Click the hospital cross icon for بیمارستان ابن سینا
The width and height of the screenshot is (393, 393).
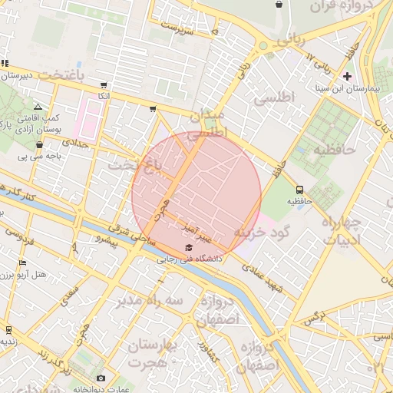pyautogui.click(x=348, y=76)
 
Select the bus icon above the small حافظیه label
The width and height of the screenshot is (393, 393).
pyautogui.click(x=299, y=190)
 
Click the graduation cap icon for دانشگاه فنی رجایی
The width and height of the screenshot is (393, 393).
pyautogui.click(x=189, y=247)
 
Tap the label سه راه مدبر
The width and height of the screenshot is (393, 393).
pyautogui.click(x=150, y=301)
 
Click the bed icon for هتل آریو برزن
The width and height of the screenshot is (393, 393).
pyautogui.click(x=22, y=263)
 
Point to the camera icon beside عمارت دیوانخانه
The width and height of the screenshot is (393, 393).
pyautogui.click(x=101, y=378)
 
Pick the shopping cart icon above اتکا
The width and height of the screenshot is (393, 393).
pyautogui.click(x=103, y=85)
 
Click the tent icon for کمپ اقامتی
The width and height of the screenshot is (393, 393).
pyautogui.click(x=38, y=107)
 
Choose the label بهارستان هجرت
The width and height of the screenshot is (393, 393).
pyautogui.click(x=151, y=353)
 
